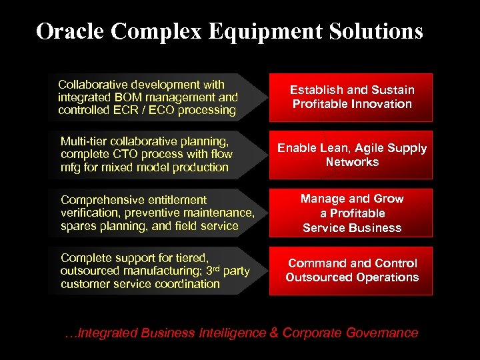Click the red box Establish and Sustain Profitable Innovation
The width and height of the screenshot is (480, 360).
[x=352, y=97]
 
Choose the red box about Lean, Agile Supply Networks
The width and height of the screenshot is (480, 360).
[x=352, y=155]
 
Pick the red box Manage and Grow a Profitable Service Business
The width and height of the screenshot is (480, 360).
[x=352, y=213]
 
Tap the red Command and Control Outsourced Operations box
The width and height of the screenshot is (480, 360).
[x=352, y=271]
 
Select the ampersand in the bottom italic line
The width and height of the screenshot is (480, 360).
[x=274, y=333]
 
